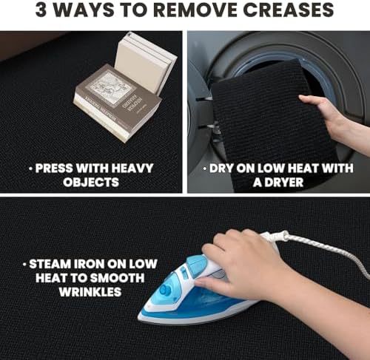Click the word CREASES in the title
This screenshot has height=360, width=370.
(289, 10)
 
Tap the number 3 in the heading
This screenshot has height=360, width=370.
(41, 10)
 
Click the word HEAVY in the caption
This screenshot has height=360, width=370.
(132, 169)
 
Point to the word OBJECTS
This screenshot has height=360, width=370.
(91, 183)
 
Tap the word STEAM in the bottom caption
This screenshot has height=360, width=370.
(50, 264)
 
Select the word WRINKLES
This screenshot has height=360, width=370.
(90, 292)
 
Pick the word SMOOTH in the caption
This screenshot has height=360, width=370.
(117, 278)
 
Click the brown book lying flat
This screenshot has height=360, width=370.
(117, 102)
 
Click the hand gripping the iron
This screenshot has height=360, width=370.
(246, 265)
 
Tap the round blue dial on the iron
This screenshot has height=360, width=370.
(165, 290)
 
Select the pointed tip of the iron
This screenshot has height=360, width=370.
(138, 316)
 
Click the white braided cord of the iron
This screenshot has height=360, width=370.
(320, 249)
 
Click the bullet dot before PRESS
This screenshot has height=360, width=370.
(31, 169)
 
